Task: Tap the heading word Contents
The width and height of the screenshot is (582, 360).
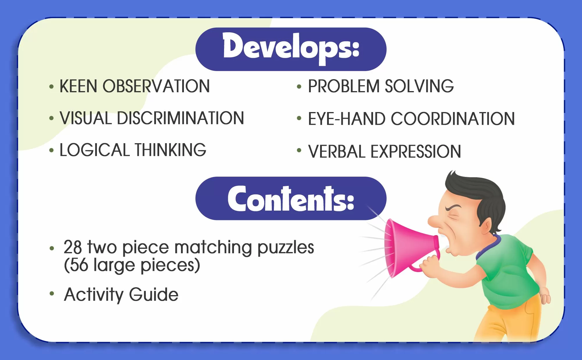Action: pos(291,198)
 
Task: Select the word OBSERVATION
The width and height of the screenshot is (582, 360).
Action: pos(156,86)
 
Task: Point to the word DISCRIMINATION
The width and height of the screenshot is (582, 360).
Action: pos(180,118)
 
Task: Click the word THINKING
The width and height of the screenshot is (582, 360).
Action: pos(171,150)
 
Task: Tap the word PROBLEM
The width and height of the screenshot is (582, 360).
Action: pos(344,86)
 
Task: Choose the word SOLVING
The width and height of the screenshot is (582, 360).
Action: pos(419,86)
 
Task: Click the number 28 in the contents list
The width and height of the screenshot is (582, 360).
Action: pos(73,247)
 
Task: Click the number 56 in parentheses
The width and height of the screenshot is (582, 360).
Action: pos(79,265)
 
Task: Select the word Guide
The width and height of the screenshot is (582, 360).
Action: pos(154,295)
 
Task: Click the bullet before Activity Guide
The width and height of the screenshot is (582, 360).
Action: pos(52,293)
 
